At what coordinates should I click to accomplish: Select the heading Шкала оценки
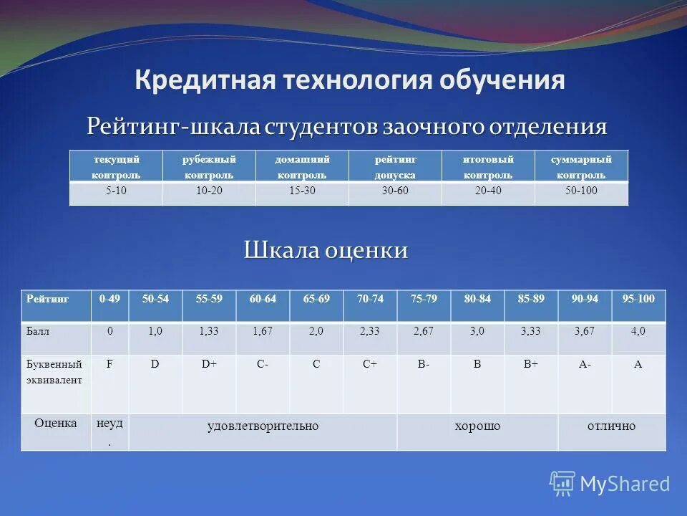pyautogui.click(x=326, y=250)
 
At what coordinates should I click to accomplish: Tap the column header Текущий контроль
pyautogui.click(x=116, y=166)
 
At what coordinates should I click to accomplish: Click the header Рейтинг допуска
pyautogui.click(x=395, y=166)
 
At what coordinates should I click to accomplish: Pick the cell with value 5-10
pyautogui.click(x=116, y=191)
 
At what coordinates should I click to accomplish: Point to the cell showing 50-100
pyautogui.click(x=581, y=191)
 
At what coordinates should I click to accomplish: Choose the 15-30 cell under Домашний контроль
pyautogui.click(x=302, y=191)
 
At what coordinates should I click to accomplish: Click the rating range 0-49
pyautogui.click(x=109, y=299)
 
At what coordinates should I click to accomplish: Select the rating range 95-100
pyautogui.click(x=638, y=299)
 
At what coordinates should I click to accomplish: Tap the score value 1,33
pyautogui.click(x=209, y=331)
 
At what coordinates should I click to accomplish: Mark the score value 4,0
pyautogui.click(x=638, y=331)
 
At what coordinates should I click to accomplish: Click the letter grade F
pyautogui.click(x=109, y=364)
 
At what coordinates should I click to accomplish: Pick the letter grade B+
pyautogui.click(x=531, y=364)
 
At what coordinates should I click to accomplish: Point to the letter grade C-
pyautogui.click(x=263, y=364)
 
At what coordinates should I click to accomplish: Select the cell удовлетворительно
pyautogui.click(x=263, y=426)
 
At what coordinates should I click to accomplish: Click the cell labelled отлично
pyautogui.click(x=611, y=426)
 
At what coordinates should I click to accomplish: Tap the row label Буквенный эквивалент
pyautogui.click(x=54, y=372)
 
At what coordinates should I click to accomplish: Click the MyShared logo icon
pyautogui.click(x=562, y=484)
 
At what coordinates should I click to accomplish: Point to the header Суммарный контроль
pyautogui.click(x=581, y=166)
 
